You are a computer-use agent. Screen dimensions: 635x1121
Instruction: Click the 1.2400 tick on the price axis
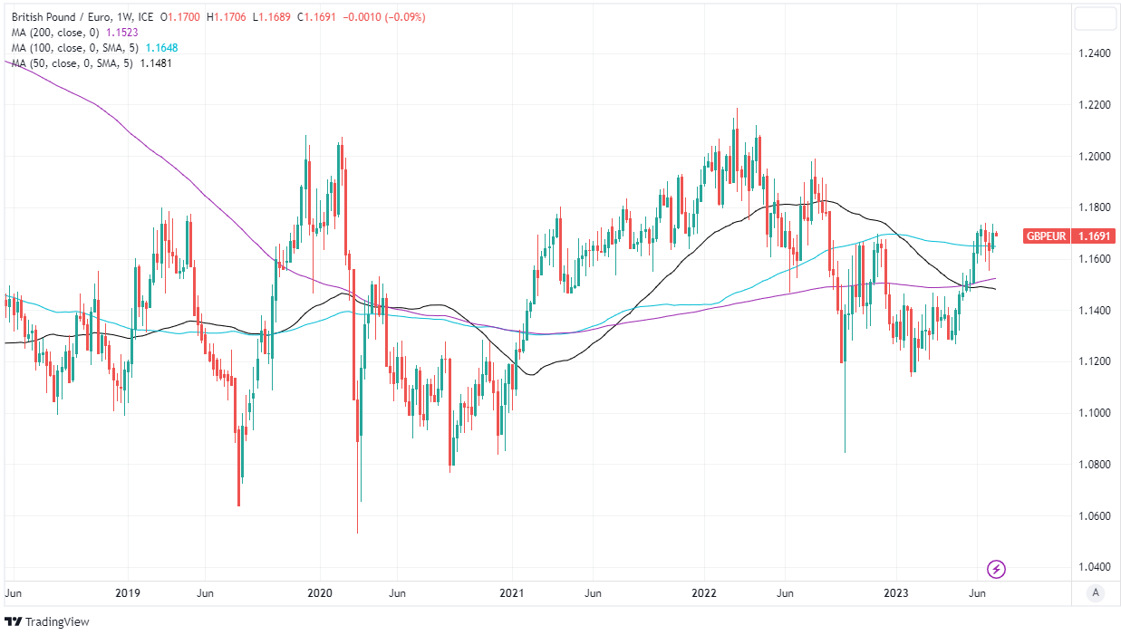click(x=1094, y=53)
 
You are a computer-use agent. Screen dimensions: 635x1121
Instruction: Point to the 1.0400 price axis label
click(x=1094, y=567)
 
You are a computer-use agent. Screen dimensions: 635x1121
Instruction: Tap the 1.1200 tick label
click(x=1094, y=361)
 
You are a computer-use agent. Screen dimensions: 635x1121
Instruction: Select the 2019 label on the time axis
click(x=128, y=593)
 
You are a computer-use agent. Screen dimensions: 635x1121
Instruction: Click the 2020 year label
click(x=320, y=593)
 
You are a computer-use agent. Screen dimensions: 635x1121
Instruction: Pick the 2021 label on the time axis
click(x=512, y=593)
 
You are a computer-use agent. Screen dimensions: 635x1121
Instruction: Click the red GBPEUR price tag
click(x=1065, y=236)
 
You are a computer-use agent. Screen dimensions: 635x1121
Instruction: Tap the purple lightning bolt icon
click(x=996, y=569)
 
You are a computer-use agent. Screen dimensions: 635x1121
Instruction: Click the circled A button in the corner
click(x=1096, y=593)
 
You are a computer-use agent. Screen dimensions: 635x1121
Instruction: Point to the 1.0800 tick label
click(x=1094, y=465)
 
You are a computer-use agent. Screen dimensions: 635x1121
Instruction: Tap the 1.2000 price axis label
click(x=1094, y=157)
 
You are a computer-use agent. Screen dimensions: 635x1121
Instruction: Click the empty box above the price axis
click(x=1096, y=18)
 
